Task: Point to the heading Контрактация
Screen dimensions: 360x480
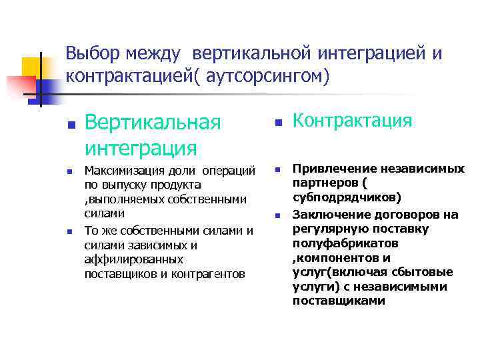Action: point(353,120)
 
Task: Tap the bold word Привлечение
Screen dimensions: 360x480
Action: point(329,169)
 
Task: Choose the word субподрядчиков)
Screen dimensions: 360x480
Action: point(347,198)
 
